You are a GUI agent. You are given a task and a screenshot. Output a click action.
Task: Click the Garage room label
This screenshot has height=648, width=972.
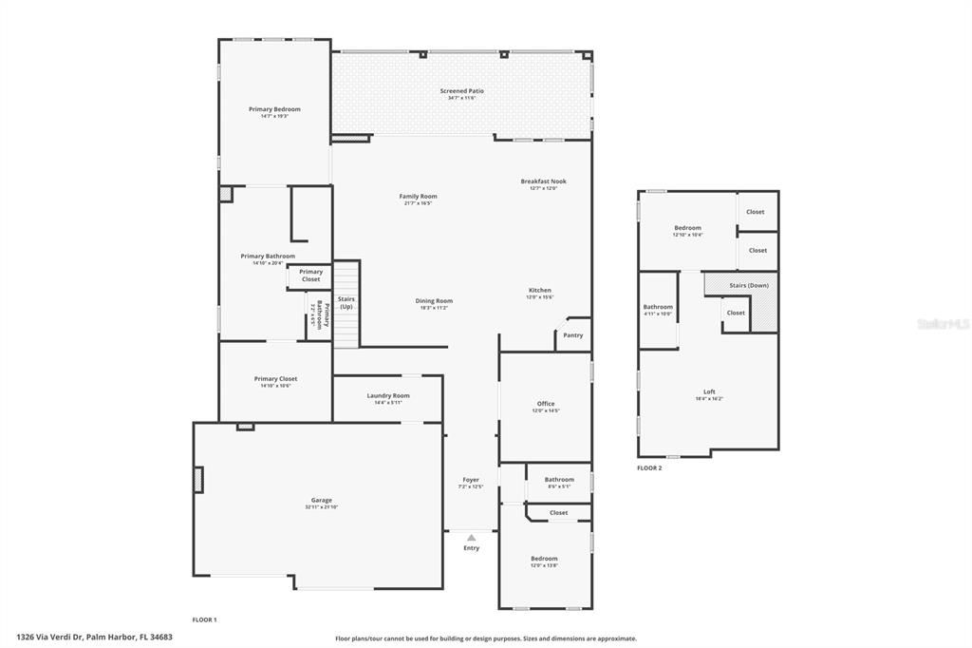tap(322, 500)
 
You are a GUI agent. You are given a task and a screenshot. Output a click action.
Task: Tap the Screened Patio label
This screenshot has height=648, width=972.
tap(461, 91)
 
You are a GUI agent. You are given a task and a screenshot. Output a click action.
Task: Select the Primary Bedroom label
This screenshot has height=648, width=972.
tap(274, 109)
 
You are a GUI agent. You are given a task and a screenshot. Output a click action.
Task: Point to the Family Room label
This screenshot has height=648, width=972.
tap(418, 197)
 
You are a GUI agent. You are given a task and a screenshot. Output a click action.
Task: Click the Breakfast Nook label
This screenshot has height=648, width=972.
tap(543, 181)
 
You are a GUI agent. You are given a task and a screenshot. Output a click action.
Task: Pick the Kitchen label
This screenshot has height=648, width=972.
tap(539, 291)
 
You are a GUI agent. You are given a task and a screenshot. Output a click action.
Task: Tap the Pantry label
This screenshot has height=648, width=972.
tap(572, 335)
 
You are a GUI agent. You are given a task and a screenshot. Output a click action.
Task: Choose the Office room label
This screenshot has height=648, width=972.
tap(545, 404)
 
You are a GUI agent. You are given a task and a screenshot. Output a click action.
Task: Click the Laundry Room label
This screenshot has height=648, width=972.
tap(388, 396)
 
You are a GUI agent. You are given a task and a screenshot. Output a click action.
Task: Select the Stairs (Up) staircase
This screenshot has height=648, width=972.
tap(346, 304)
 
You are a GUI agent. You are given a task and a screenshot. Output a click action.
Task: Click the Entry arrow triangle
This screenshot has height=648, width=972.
tap(471, 538)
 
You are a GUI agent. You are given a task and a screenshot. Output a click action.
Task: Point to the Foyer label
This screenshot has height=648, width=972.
tap(471, 480)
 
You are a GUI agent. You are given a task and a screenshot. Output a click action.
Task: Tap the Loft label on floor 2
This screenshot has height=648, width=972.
tap(709, 391)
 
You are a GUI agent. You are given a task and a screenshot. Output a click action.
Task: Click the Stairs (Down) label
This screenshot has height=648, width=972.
tap(749, 285)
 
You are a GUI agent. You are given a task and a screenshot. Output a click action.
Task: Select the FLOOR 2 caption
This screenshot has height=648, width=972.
tap(649, 468)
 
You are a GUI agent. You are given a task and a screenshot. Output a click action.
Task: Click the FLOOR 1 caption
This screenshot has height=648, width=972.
tap(204, 619)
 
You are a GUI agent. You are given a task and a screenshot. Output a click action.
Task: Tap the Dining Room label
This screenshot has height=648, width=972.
tap(433, 301)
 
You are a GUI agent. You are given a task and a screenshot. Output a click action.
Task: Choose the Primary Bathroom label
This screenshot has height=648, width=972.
tap(268, 257)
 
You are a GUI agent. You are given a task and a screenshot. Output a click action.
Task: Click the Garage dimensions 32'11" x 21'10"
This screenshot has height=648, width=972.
tap(322, 507)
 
